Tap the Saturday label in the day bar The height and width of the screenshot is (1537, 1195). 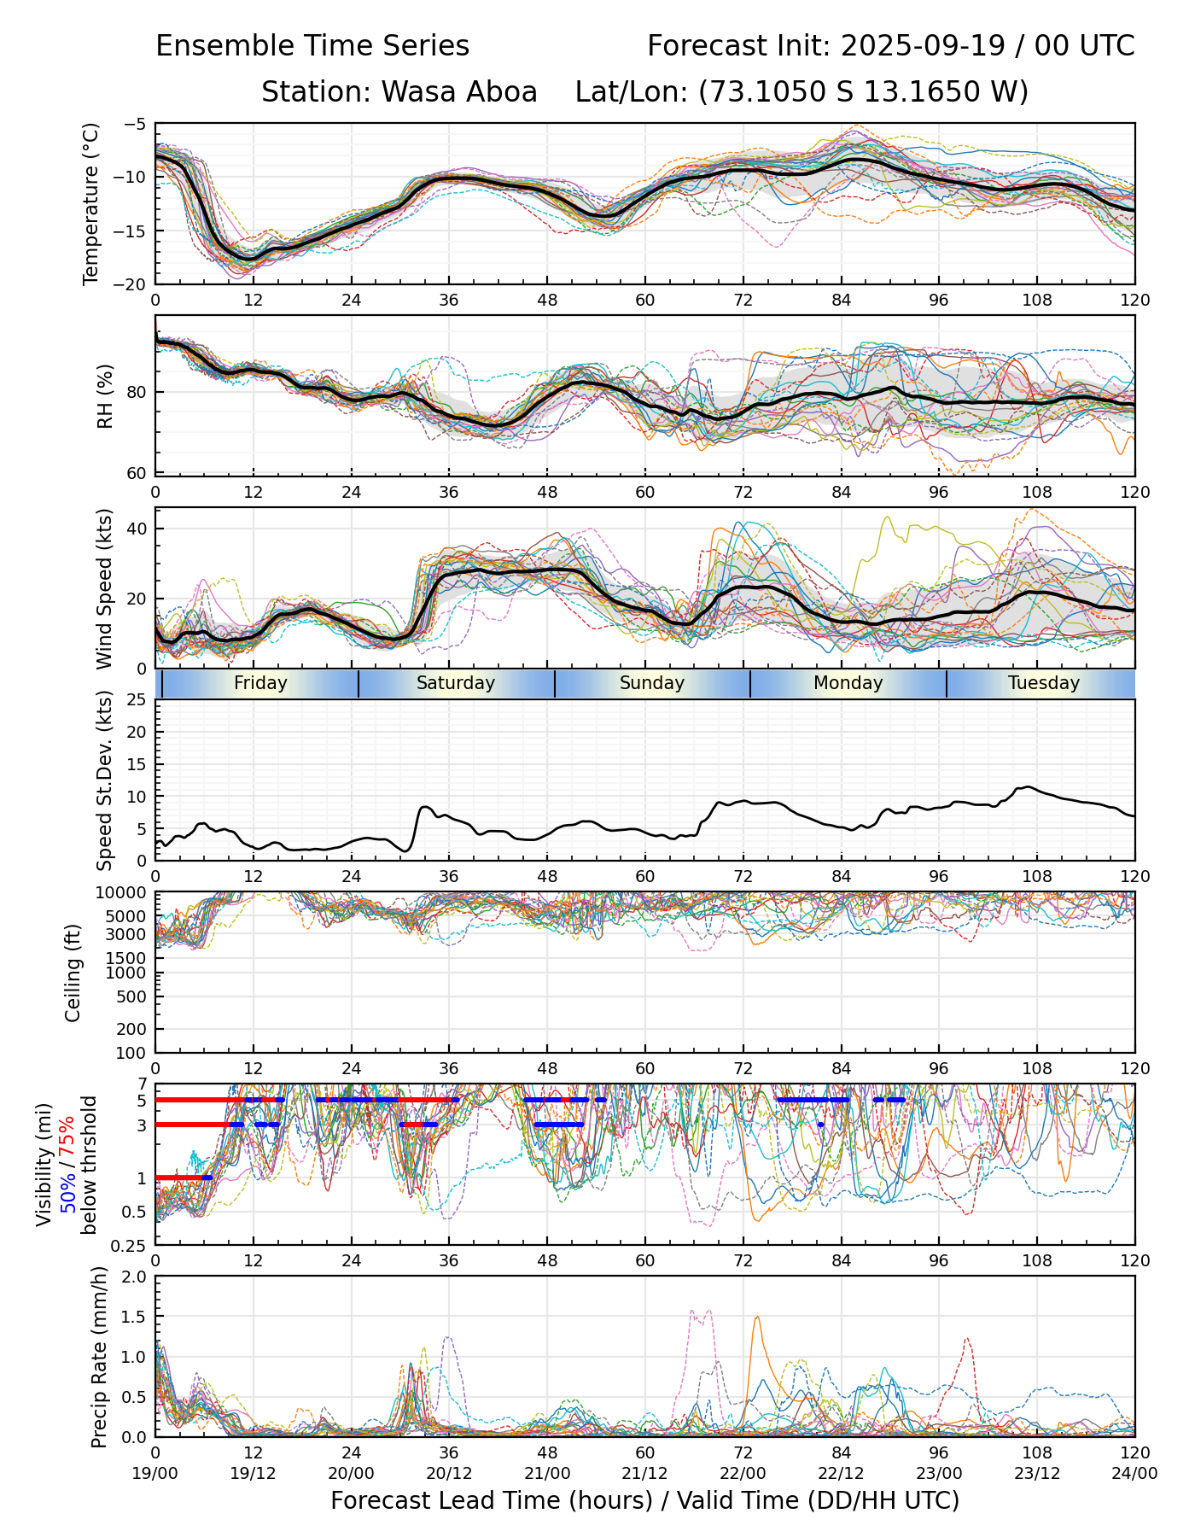(x=456, y=683)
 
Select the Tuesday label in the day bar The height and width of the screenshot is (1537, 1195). (x=1043, y=683)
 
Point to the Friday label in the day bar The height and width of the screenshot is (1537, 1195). (x=260, y=683)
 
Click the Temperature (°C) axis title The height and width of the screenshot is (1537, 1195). (x=91, y=203)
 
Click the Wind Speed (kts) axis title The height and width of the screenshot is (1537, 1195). (x=104, y=588)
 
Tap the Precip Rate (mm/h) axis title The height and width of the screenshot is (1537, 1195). (x=100, y=1357)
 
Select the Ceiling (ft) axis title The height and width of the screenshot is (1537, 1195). (x=73, y=973)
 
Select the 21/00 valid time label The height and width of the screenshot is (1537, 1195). (x=547, y=1473)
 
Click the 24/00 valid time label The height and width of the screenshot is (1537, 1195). (x=1134, y=1473)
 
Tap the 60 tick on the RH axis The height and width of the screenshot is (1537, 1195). (x=138, y=473)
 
